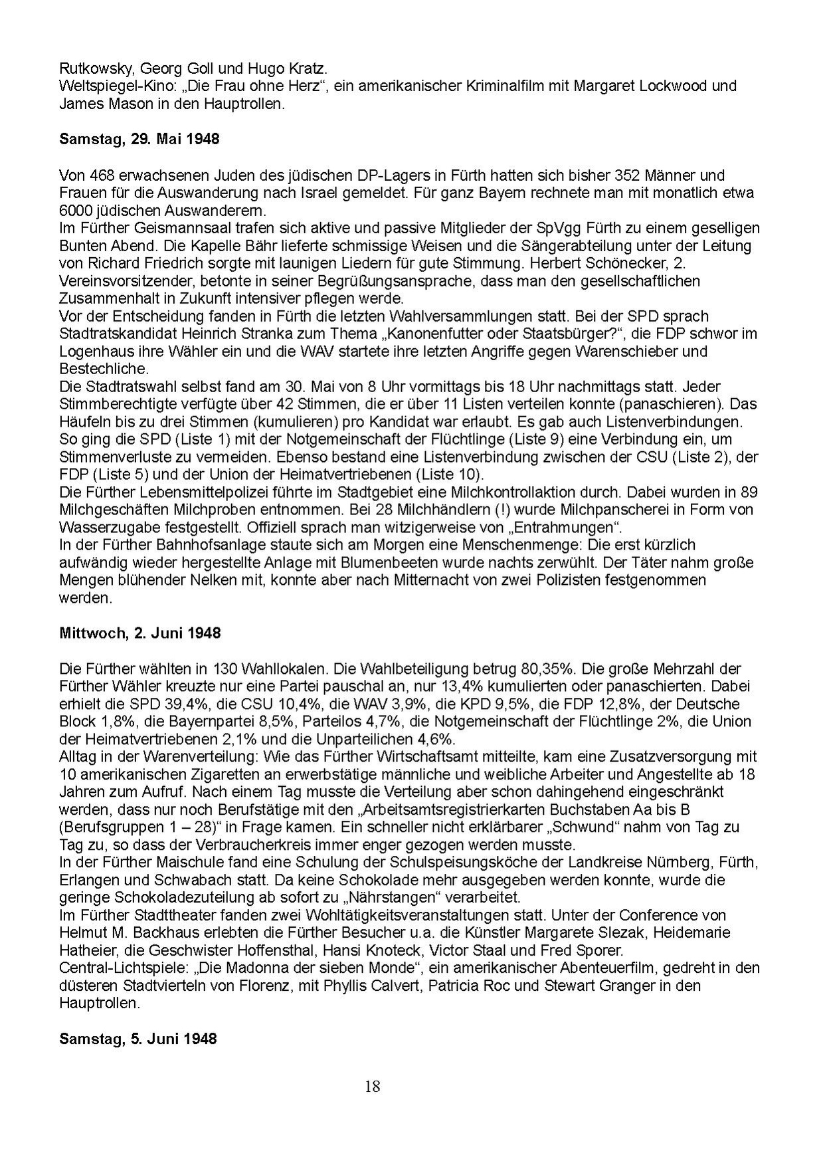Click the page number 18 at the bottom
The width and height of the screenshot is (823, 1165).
coord(372,1087)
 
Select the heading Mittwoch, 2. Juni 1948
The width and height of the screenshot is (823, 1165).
coord(139,633)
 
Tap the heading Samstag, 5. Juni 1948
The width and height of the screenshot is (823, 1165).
coord(137,1038)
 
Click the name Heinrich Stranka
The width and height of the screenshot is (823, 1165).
coord(217,334)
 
